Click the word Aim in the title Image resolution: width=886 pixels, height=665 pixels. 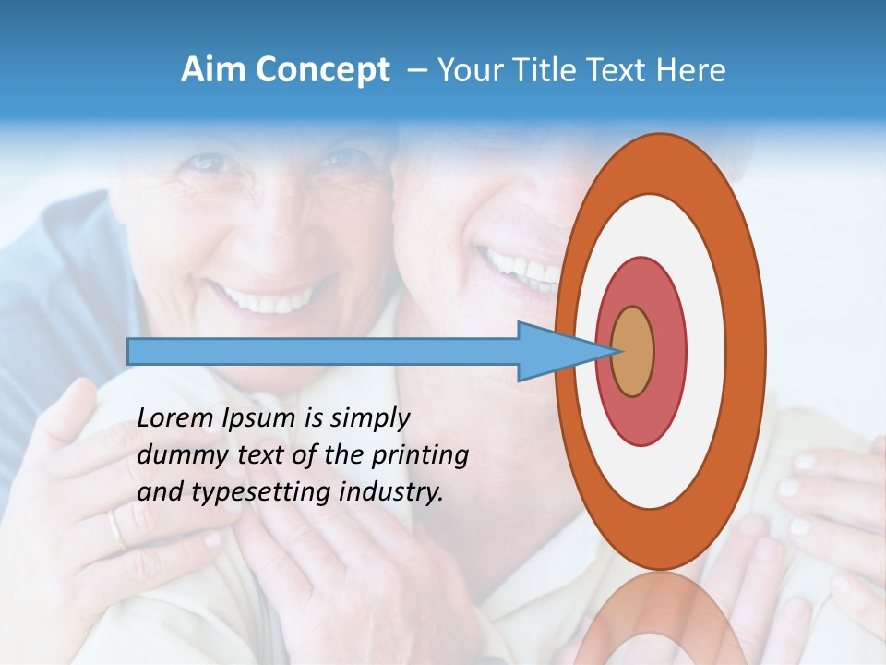[x=213, y=70]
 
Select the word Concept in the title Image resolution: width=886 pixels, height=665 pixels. [x=322, y=71]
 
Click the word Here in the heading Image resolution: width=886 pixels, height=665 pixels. [x=691, y=70]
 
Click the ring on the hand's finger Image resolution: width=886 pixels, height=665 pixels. [x=114, y=530]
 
